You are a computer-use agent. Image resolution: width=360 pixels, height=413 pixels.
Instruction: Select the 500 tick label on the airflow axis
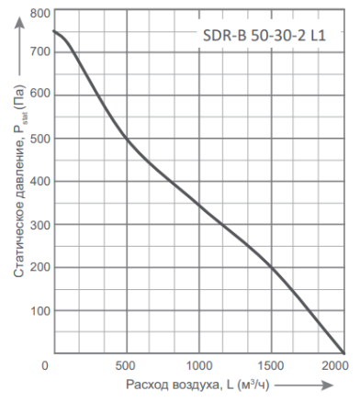(x=126, y=364)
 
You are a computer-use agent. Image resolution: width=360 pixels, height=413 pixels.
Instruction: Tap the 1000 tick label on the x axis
(x=198, y=364)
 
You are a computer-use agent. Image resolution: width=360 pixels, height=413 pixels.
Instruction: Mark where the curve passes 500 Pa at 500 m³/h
(x=126, y=138)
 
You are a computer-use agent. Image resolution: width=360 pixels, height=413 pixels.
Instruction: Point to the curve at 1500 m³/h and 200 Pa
(x=272, y=267)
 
